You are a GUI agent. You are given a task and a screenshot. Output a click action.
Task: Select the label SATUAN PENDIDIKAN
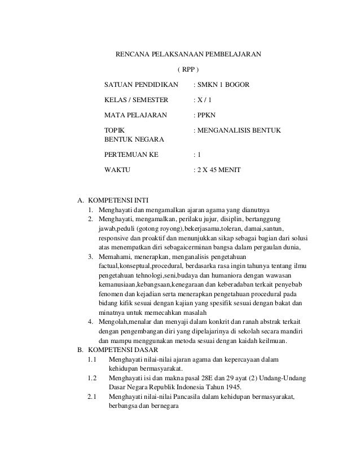pos(141,85)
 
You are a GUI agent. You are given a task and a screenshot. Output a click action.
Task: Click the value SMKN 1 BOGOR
pos(221,85)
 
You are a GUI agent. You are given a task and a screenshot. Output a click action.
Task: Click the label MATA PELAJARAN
pos(136,116)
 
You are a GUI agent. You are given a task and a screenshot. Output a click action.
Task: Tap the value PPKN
pos(204,116)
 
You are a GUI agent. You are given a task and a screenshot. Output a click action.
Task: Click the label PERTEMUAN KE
pos(132,153)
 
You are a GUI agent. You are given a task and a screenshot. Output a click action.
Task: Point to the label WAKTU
pos(117,169)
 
